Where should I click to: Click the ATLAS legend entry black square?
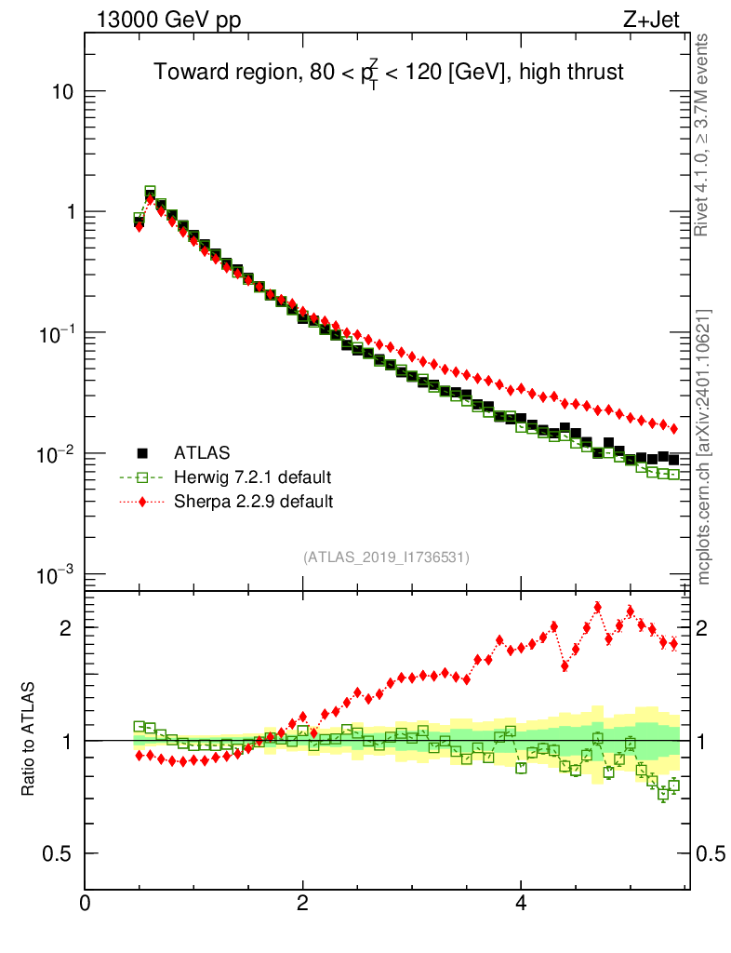click(x=143, y=453)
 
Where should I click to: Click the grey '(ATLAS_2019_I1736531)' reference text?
click(x=386, y=557)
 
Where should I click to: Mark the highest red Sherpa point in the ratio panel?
click(x=597, y=607)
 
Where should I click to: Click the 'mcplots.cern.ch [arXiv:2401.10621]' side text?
click(x=705, y=448)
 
